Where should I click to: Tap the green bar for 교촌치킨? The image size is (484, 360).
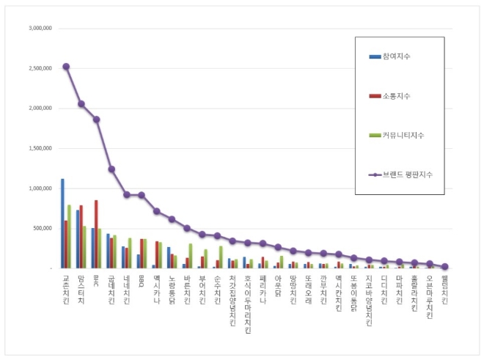pos(70,236)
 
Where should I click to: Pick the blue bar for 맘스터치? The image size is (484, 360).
pos(78,239)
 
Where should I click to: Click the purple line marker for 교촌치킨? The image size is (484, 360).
pos(66,66)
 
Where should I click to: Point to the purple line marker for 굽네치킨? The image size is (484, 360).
pos(111,169)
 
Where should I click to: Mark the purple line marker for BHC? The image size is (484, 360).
pos(96,120)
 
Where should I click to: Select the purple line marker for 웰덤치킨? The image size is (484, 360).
pos(445,267)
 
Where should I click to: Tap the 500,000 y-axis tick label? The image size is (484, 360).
pos(42,228)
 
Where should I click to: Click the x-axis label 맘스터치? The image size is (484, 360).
pos(81,290)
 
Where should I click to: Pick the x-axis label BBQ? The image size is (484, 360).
pos(142,282)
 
